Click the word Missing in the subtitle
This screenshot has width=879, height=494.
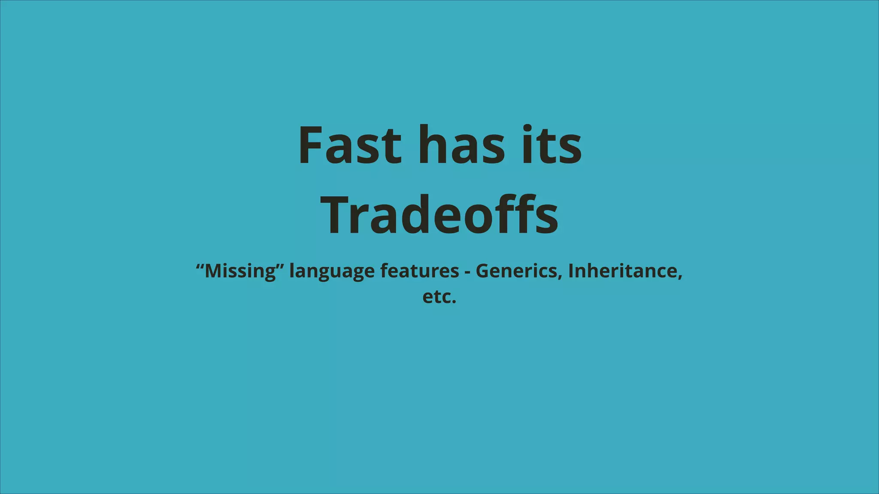click(x=240, y=271)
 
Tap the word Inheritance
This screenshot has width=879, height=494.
click(x=622, y=271)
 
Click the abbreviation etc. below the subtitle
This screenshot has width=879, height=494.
click(x=439, y=297)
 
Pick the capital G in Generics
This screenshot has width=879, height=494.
click(x=483, y=271)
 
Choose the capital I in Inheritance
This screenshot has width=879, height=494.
click(x=571, y=271)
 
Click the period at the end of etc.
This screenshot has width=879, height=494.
click(x=454, y=302)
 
